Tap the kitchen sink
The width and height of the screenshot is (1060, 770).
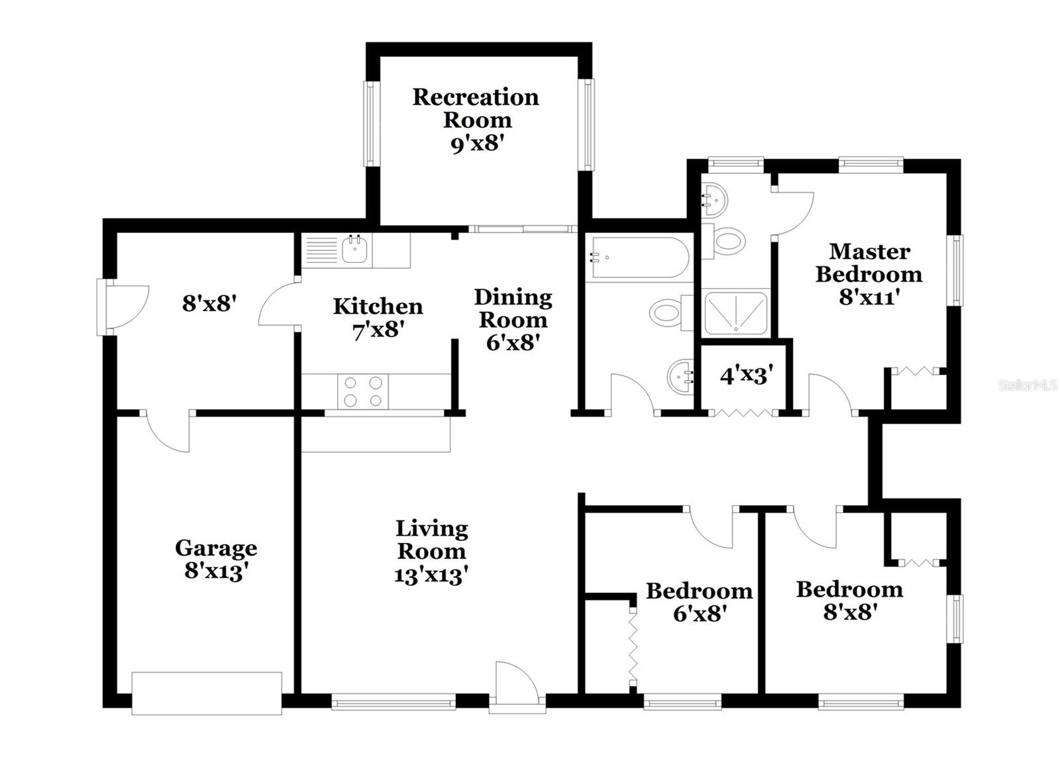tap(355, 250)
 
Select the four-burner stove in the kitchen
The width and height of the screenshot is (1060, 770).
tap(362, 391)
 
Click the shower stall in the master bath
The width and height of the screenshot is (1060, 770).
tap(735, 313)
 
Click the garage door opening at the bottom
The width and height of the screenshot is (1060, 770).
tap(207, 693)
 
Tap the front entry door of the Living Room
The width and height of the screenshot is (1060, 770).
tap(516, 689)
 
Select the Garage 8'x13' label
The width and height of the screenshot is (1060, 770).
tap(216, 559)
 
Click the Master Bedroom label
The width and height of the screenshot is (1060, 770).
tap(869, 273)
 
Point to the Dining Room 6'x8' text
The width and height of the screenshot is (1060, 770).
tap(513, 320)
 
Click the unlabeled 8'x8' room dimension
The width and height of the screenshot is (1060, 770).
tap(209, 304)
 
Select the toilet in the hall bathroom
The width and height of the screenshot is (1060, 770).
tap(669, 313)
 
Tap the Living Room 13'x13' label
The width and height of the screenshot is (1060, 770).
tap(432, 552)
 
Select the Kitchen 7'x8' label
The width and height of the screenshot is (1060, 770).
tap(378, 318)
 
